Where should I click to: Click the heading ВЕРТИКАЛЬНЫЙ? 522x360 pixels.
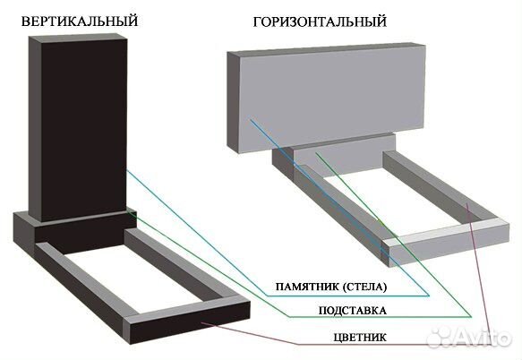[x=79, y=21]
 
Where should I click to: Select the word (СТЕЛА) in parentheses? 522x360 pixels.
[x=364, y=287]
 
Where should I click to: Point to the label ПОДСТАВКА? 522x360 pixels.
[x=353, y=311]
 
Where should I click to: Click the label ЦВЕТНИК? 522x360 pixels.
[x=360, y=337]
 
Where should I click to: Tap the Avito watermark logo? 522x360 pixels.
[x=469, y=337]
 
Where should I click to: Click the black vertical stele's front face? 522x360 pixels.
[x=84, y=130]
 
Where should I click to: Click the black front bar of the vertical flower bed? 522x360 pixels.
[x=190, y=323]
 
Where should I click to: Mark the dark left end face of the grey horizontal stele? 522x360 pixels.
[x=233, y=102]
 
